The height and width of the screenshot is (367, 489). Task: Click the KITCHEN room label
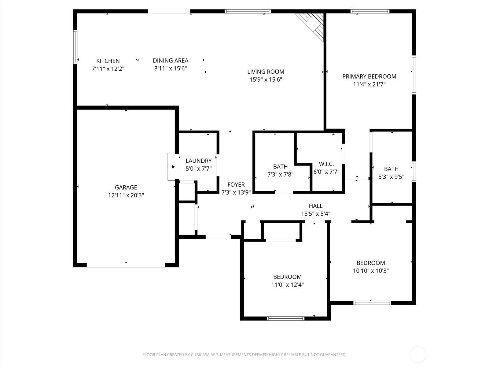108,61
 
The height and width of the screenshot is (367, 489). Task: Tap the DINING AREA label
171,61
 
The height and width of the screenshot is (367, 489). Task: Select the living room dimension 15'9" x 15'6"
266,80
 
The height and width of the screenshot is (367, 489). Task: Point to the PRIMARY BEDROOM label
369,76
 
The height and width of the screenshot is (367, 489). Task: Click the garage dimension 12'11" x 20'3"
126,195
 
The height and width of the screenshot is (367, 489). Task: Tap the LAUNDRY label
198,161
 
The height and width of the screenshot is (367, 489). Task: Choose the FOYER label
236,184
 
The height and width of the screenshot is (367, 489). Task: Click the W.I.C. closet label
326,164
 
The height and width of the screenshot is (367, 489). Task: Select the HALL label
316,206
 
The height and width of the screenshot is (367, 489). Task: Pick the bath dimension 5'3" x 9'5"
391,177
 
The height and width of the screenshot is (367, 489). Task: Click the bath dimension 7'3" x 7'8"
280,174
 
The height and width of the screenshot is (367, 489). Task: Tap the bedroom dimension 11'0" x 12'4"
287,284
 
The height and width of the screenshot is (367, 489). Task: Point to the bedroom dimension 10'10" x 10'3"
371,271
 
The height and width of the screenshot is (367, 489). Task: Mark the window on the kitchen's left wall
75,47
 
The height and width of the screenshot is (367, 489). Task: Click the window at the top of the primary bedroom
370,11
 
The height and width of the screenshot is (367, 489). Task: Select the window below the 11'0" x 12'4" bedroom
285,318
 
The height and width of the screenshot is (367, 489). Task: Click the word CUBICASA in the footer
200,354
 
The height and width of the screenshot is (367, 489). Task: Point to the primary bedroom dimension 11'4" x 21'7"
369,84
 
